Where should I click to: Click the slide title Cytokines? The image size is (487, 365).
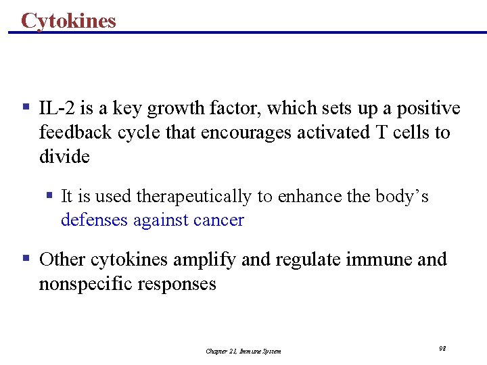click(68, 20)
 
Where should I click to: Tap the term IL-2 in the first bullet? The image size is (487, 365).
click(54, 108)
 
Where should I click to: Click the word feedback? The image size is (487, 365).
click(75, 132)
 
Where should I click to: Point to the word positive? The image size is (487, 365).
click(428, 108)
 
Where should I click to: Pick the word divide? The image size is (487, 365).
click(64, 157)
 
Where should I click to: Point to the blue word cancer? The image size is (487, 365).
click(216, 220)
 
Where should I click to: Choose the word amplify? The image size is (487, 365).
click(205, 260)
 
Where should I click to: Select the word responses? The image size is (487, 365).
click(177, 284)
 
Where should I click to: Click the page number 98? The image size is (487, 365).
click(442, 348)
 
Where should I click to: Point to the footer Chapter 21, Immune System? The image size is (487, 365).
click(243, 351)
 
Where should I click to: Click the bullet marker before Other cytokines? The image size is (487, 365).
click(26, 258)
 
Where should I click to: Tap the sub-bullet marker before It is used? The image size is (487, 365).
click(49, 195)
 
